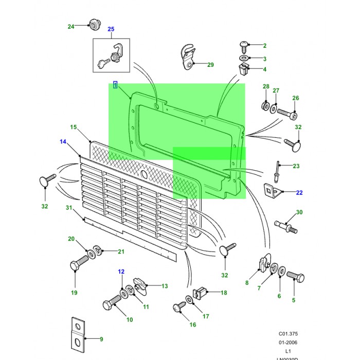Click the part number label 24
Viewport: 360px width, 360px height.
click(x=71, y=26)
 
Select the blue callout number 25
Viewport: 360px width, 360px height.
click(x=111, y=29)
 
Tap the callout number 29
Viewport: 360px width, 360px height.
click(x=210, y=65)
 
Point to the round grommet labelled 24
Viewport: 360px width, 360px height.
click(x=94, y=24)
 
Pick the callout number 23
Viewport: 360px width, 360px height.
click(x=296, y=166)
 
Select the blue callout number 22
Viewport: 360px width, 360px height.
click(x=299, y=192)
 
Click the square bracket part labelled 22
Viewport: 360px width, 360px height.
click(x=272, y=191)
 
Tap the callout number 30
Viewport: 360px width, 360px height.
click(x=299, y=212)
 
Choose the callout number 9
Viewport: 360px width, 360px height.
click(x=101, y=339)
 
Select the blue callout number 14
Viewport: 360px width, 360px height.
click(x=63, y=141)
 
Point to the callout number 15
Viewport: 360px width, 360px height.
click(x=73, y=127)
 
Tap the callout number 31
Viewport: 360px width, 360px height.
click(x=68, y=207)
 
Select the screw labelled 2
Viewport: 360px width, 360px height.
click(x=244, y=46)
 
